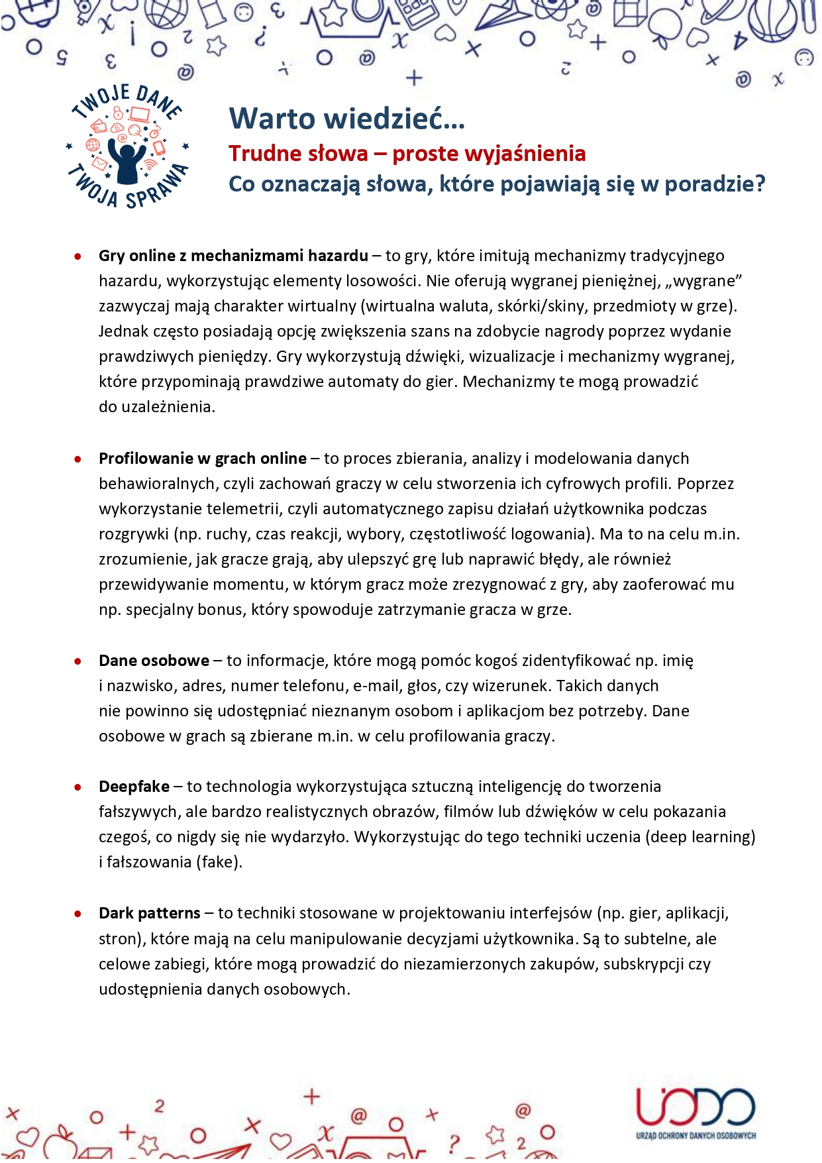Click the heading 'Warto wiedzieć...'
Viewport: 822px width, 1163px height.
tap(346, 119)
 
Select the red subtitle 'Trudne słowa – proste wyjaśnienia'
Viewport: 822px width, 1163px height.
tap(407, 154)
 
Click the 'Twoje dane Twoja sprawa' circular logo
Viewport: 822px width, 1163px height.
tap(127, 146)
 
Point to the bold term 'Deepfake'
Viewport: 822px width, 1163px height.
tap(134, 787)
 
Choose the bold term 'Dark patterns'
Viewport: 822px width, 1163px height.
tap(149, 913)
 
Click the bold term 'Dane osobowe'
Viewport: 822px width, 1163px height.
tap(154, 661)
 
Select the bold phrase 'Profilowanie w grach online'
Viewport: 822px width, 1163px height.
tap(202, 459)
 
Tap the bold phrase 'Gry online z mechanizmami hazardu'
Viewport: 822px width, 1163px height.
tap(233, 256)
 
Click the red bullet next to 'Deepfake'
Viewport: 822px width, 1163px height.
tap(78, 788)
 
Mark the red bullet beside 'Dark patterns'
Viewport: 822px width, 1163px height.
tap(78, 914)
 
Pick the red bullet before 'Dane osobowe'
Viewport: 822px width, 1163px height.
tap(78, 662)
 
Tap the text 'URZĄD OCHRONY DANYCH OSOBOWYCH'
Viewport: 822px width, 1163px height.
tap(695, 1136)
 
